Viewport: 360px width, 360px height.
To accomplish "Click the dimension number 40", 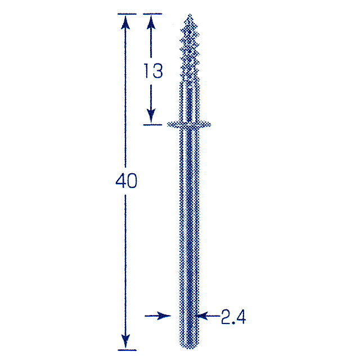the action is pos(126,181).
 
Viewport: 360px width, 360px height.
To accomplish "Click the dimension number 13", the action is pos(154,70).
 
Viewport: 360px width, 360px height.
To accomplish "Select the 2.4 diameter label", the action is pos(233,317).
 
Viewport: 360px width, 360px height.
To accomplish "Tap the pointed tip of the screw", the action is pos(190,15).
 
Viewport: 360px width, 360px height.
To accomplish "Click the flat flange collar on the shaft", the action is pos(189,125).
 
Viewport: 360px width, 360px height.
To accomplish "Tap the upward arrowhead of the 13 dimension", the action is pos(151,22).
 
